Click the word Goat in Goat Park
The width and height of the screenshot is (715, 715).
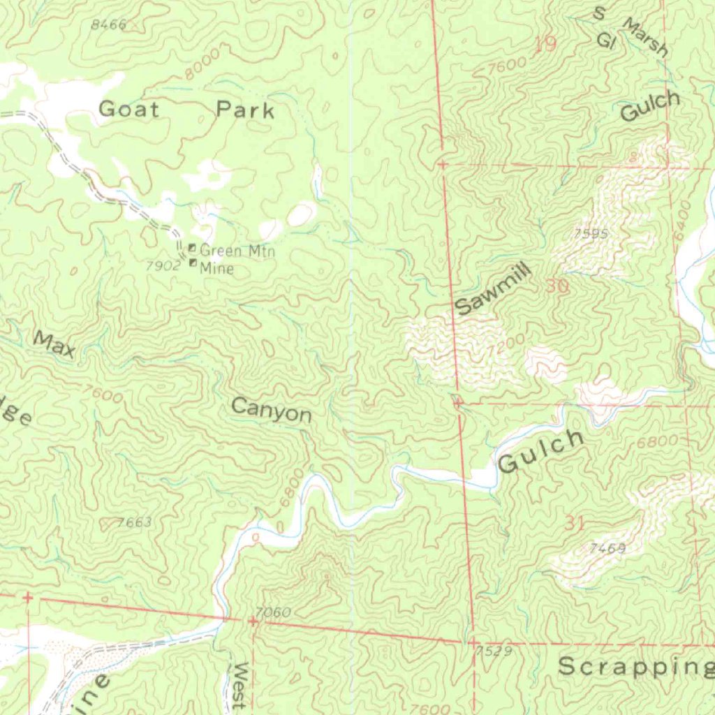[x=129, y=109]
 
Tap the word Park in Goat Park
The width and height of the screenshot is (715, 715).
[x=245, y=110]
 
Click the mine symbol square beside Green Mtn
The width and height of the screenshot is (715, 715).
[x=192, y=247]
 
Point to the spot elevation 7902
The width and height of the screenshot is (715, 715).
[x=160, y=266]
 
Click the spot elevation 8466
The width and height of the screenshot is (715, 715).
[x=109, y=25]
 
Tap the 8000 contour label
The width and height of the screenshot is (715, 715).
[x=203, y=65]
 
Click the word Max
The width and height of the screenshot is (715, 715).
[x=54, y=344]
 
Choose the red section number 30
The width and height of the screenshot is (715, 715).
[x=557, y=286]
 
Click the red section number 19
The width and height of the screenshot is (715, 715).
[x=545, y=45]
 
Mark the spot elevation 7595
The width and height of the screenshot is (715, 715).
[x=591, y=234]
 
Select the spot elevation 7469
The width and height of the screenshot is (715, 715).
[x=607, y=549]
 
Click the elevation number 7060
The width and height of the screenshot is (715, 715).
[x=273, y=613]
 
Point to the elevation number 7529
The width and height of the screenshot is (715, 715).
[x=494, y=651]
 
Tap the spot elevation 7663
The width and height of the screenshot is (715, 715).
[x=135, y=522]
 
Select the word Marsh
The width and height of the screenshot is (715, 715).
[x=646, y=38]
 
